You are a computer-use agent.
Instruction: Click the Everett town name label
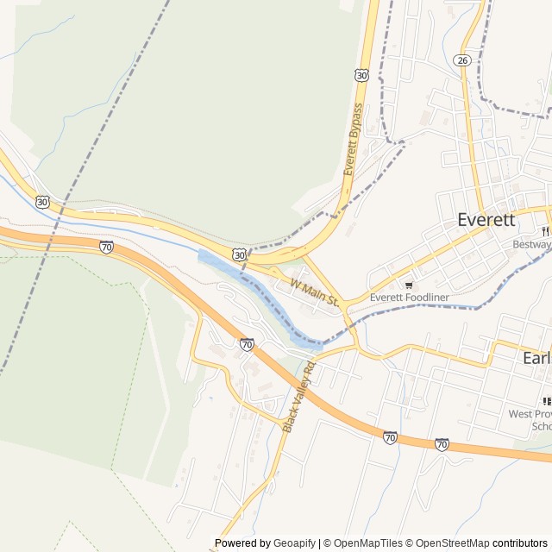click(486, 219)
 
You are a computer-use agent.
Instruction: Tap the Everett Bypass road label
click(354, 140)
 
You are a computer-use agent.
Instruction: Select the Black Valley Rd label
click(299, 398)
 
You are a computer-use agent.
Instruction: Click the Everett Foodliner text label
click(410, 298)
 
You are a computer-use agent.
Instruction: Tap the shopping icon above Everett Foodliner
click(409, 284)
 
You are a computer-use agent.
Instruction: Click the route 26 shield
click(462, 60)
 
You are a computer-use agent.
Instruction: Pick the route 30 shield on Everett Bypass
click(361, 75)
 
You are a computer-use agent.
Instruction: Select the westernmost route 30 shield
click(42, 202)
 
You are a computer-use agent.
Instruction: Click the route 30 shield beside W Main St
click(239, 255)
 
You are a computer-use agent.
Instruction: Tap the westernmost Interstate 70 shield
click(106, 247)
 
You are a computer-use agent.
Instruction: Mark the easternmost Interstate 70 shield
click(442, 444)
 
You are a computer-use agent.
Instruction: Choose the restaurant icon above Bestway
click(546, 231)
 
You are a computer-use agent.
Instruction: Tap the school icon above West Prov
click(547, 401)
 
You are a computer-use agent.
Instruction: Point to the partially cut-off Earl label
click(536, 357)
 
